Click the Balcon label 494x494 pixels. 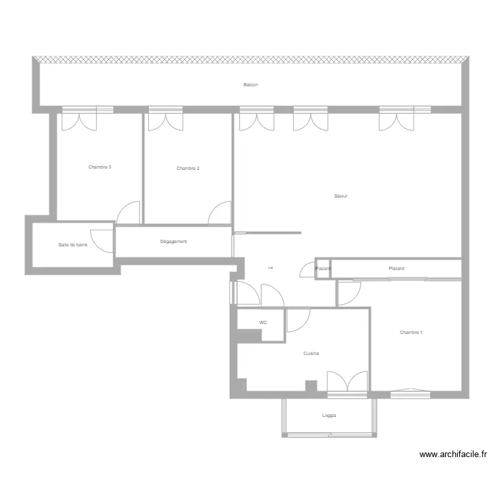(x=250, y=85)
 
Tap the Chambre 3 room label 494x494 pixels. (x=99, y=167)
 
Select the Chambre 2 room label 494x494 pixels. (x=188, y=169)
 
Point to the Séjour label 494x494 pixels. (x=341, y=196)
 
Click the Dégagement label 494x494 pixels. (x=173, y=242)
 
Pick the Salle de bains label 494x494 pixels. (x=72, y=245)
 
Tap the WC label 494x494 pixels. (x=263, y=323)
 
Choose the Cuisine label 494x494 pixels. (x=311, y=354)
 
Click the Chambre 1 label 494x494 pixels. (x=411, y=333)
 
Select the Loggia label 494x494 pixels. (x=329, y=416)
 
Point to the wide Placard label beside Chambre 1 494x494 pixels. (x=397, y=269)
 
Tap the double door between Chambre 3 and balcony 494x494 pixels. (x=79, y=121)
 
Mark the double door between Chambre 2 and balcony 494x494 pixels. (x=165, y=121)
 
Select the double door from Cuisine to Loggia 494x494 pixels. (x=347, y=383)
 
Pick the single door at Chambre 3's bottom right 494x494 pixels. (x=129, y=213)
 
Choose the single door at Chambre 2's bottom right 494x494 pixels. (x=220, y=213)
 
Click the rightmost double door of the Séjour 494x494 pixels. (x=397, y=121)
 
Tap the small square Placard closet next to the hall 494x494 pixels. (x=323, y=269)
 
